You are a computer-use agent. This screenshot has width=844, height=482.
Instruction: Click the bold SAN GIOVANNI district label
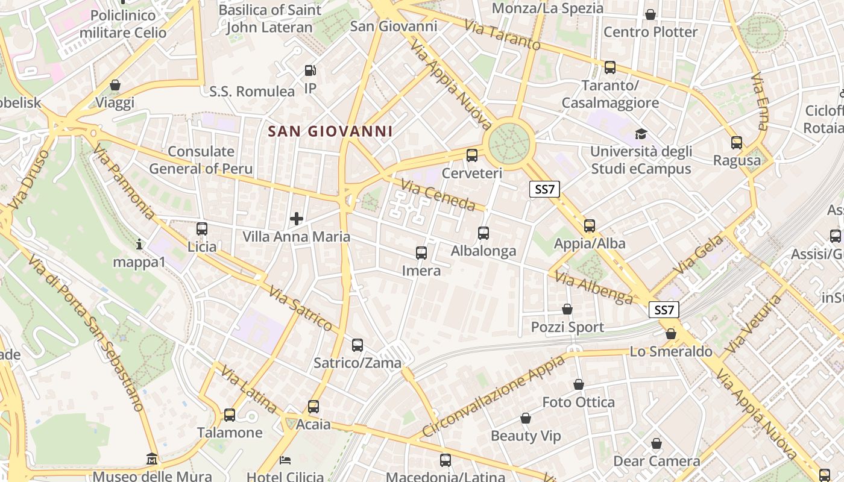point(330,131)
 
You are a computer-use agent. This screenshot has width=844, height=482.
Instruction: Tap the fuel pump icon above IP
point(310,70)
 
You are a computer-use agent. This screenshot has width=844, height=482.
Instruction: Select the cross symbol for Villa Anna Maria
point(297,218)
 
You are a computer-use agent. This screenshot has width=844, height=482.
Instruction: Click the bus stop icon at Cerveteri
point(472,155)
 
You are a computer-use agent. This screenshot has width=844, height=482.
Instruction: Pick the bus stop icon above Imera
point(421,253)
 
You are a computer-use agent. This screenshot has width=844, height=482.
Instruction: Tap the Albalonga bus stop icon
point(483,233)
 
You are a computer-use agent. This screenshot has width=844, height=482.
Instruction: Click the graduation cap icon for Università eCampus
point(640,134)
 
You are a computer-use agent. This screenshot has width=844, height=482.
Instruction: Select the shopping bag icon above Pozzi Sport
point(567,310)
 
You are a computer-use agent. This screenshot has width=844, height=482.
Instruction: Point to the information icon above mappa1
point(139,244)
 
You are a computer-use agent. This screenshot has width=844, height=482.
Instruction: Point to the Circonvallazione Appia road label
point(494,396)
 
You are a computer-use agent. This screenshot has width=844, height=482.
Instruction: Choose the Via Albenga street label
point(594,288)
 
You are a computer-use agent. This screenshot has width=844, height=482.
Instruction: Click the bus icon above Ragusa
point(737,143)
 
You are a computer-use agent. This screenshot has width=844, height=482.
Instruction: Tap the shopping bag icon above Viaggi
point(115,86)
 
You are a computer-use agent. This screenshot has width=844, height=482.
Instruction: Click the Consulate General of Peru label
point(201,160)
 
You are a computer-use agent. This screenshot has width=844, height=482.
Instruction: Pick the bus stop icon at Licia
point(202,229)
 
